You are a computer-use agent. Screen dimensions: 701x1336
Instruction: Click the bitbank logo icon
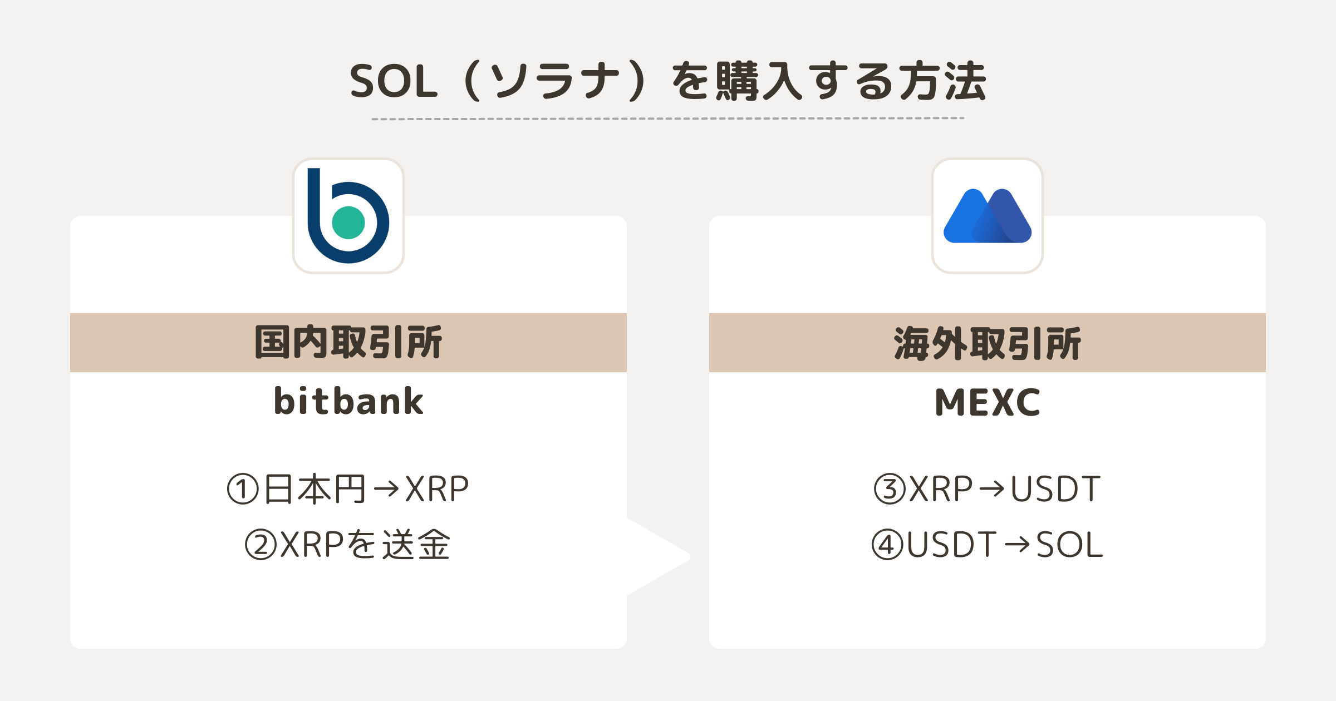(348, 216)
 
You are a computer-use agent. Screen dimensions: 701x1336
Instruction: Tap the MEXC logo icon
(987, 216)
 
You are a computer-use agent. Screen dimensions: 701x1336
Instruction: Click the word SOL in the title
(394, 82)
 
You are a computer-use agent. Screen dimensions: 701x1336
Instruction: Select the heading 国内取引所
(348, 342)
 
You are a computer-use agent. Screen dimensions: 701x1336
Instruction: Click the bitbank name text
(348, 401)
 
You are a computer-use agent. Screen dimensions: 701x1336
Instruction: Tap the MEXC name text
(987, 402)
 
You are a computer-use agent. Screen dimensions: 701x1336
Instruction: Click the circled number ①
(243, 489)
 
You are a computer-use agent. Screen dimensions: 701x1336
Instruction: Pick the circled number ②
(261, 545)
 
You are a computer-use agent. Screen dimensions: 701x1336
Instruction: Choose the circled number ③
(890, 489)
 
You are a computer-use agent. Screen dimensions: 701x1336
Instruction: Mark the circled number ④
(887, 545)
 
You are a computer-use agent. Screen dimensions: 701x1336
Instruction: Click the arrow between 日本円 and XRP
(386, 489)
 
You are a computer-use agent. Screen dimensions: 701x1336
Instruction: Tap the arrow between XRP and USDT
(991, 489)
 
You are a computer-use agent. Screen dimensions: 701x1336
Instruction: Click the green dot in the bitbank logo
(348, 223)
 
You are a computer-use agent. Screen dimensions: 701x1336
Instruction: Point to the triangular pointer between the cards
(660, 556)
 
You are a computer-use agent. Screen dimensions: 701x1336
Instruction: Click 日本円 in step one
(315, 489)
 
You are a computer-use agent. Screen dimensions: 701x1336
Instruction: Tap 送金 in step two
(416, 545)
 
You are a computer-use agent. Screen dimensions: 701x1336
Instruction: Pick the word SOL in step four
(1069, 545)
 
